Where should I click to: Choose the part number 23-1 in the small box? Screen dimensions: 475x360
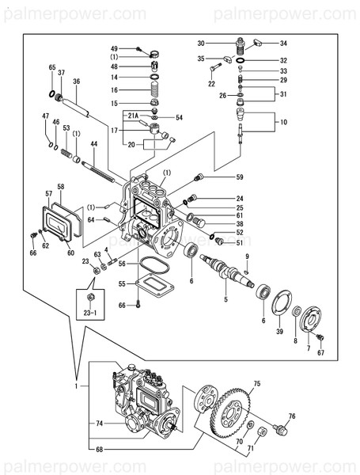click(89, 312)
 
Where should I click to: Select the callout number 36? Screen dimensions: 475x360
click(77, 81)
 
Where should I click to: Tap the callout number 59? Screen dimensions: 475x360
click(239, 177)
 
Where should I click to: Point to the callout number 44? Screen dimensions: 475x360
click(93, 144)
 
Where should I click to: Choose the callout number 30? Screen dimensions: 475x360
click(201, 43)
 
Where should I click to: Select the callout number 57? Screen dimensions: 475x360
click(48, 193)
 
